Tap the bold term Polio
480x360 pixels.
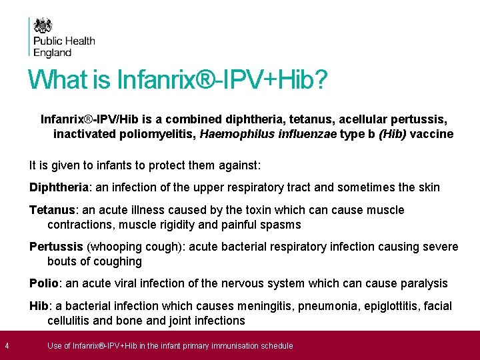coord(44,283)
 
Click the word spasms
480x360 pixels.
coord(281,225)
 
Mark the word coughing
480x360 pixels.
coord(118,261)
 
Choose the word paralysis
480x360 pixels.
coord(424,283)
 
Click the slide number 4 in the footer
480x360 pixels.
coord(6,345)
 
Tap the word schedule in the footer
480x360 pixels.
coord(274,345)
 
